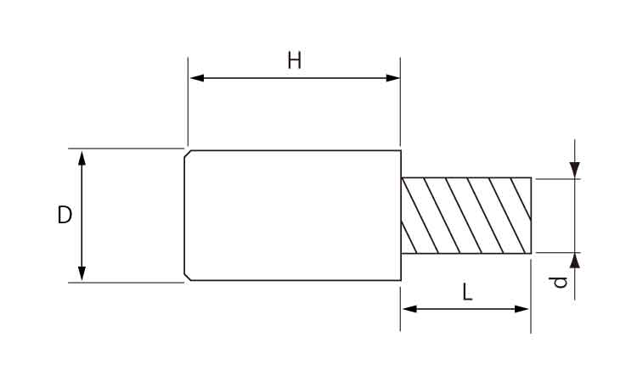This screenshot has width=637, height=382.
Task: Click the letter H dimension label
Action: point(295,60)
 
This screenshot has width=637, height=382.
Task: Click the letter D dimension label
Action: point(65,215)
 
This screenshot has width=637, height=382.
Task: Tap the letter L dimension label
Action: point(468,292)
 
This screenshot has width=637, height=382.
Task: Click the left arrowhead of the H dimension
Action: point(197,78)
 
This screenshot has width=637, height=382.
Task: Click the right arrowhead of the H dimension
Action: point(393,78)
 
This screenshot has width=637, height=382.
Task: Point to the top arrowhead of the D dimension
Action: point(82,158)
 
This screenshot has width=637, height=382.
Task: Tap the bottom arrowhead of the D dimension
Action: point(82,273)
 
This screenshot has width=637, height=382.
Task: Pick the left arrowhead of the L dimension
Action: point(409,309)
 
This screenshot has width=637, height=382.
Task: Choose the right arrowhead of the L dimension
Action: point(521,309)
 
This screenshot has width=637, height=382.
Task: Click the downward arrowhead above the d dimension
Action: point(574,170)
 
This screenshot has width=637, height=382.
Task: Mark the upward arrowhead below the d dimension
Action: point(574,261)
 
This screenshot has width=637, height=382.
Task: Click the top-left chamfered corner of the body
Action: point(188,154)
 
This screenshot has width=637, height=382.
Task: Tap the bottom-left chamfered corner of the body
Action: point(188,277)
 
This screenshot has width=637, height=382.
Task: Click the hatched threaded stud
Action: point(466,216)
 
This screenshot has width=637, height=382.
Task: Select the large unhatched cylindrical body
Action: point(292,215)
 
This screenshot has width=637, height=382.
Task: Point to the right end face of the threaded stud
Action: point(531,216)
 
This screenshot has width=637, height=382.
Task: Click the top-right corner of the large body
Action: point(401,150)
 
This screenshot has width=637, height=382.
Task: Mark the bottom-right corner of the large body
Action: point(401,280)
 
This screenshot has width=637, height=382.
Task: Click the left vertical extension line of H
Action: point(188,101)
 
